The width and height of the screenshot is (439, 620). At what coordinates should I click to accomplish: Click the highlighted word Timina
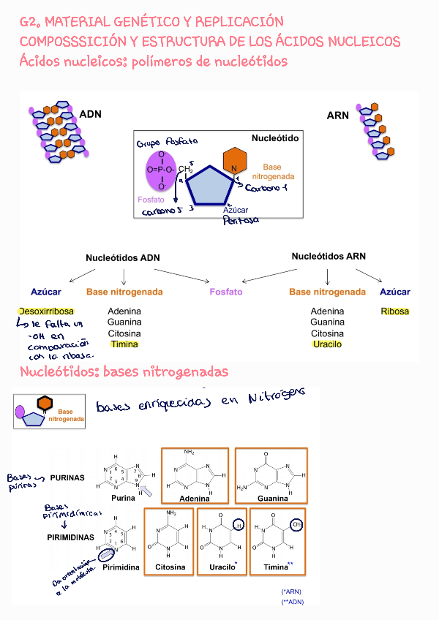pos(124,344)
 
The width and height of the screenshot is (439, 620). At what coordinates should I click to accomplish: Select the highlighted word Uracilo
pos(326,344)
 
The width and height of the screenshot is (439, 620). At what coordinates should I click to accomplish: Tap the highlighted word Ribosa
pos(394,311)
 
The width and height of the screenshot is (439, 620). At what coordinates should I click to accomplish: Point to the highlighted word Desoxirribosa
pos(47,311)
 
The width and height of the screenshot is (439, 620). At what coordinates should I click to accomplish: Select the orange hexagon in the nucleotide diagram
pos(234,161)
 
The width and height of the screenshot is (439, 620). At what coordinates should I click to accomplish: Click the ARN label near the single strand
pos(338,116)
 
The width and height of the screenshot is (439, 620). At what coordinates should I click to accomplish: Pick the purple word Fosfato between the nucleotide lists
pos(226,292)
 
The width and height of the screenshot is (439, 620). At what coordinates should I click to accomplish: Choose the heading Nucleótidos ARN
pos(329,257)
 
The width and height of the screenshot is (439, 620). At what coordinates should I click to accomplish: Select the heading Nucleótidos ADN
pos(122,257)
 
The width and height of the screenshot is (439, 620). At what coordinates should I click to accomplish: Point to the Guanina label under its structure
pos(272,498)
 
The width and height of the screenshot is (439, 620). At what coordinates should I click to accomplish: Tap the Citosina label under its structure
pos(170,567)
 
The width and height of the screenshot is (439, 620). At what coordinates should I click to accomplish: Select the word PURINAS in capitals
pos(67,478)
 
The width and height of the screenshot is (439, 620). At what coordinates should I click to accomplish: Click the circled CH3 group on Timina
pos(297,524)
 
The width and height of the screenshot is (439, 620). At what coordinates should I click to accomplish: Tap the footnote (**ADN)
pos(292,602)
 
